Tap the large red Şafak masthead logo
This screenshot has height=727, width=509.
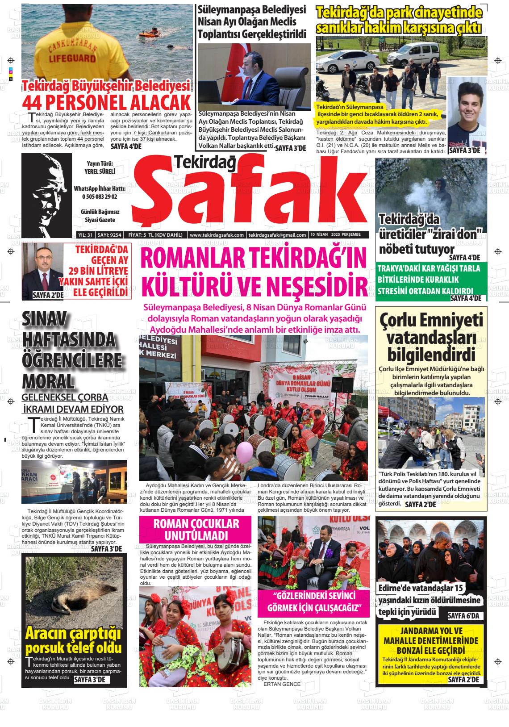point(248,194)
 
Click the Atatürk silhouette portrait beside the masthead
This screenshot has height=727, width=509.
point(46,195)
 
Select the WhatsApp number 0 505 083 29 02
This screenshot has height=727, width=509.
point(100,196)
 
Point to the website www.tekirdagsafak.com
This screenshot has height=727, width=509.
point(217,235)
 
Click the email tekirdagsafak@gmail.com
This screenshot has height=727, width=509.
point(277,235)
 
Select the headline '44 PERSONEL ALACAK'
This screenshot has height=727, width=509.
point(106,102)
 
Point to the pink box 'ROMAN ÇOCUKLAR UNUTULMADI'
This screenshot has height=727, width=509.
point(196,530)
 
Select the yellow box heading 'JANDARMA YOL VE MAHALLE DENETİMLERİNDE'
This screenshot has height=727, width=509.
point(431,636)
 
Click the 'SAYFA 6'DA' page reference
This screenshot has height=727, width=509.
point(463,616)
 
